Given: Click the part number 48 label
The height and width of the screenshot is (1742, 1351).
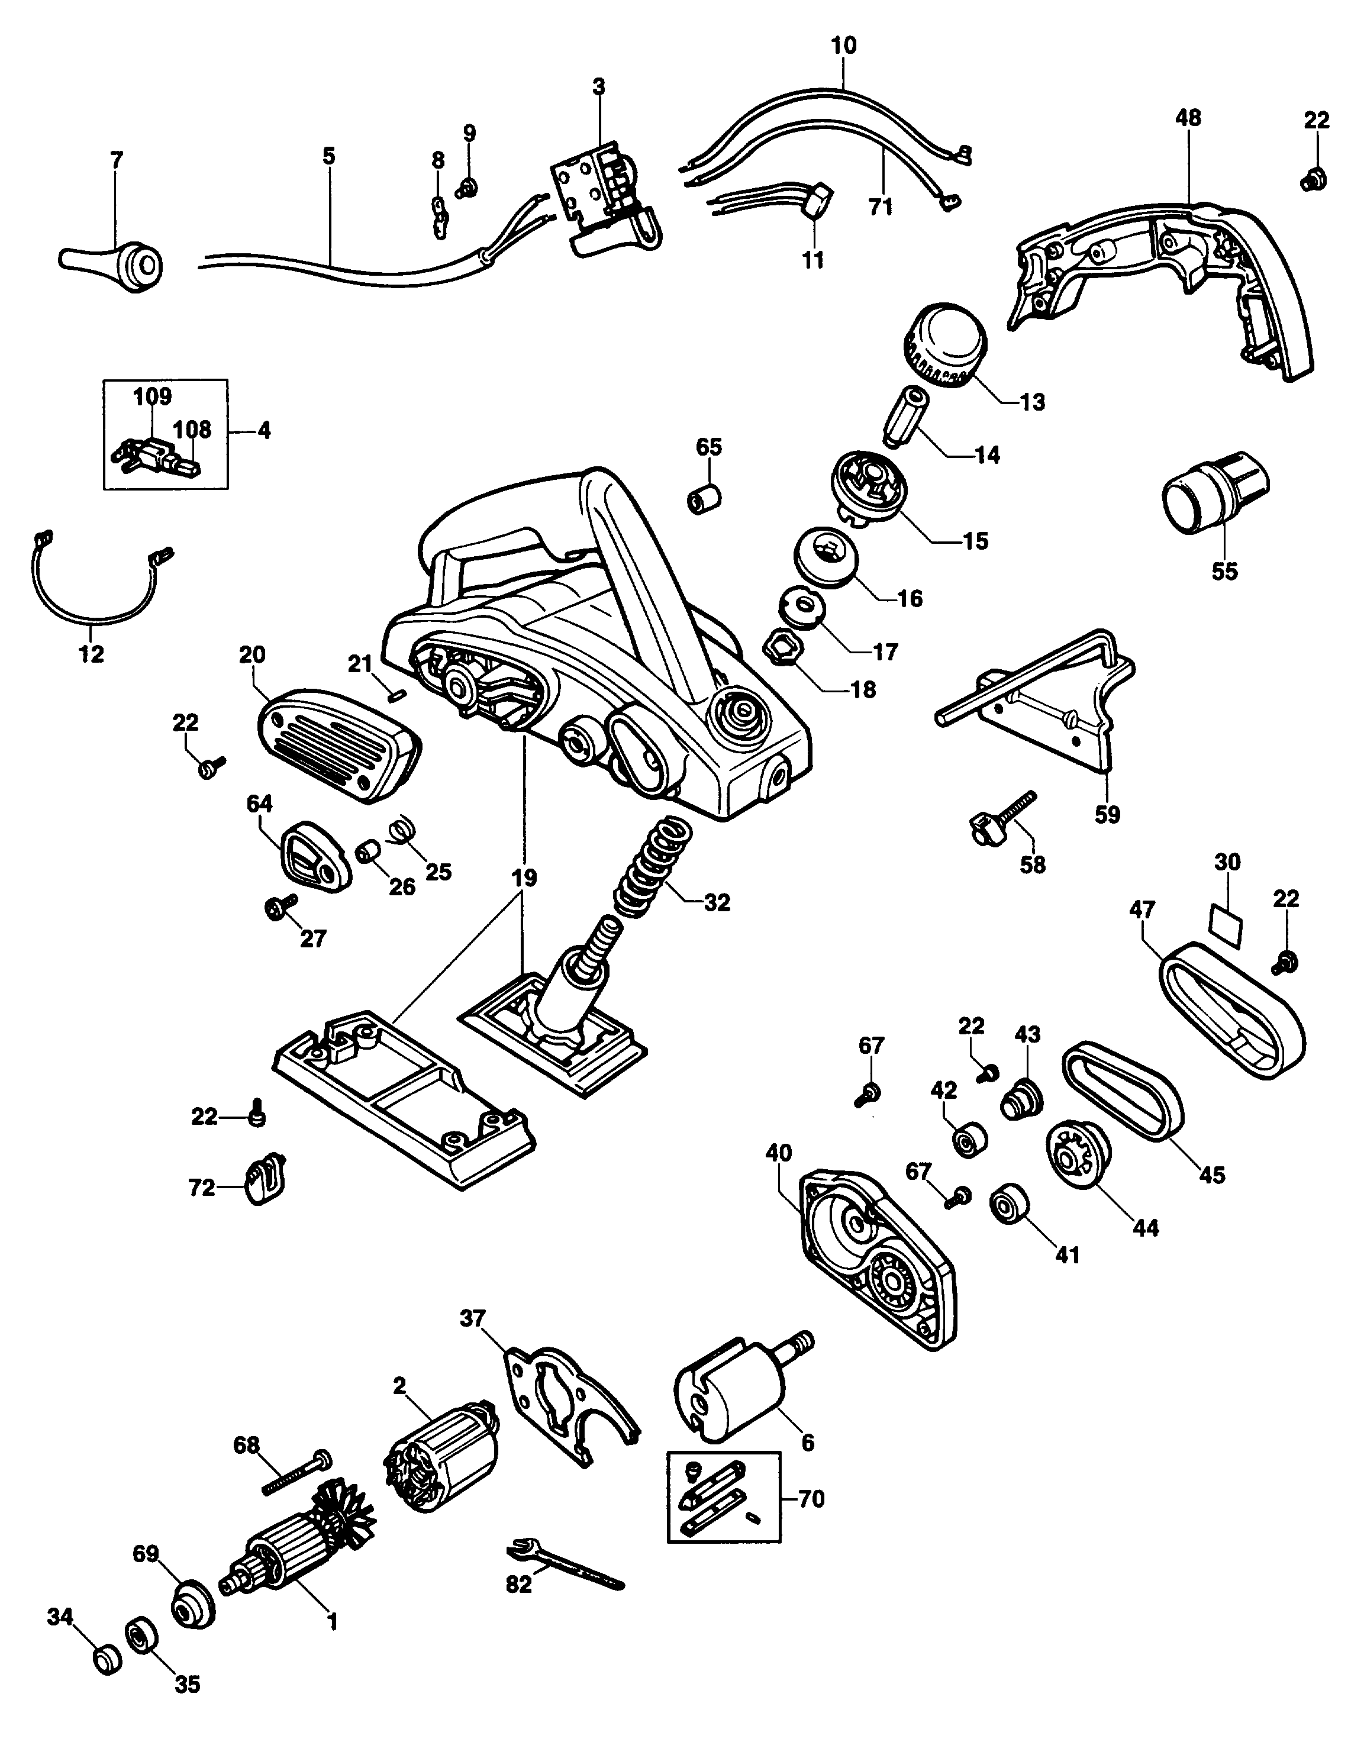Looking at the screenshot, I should pos(1188,118).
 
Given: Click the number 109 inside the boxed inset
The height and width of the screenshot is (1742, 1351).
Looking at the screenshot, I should pos(152,396).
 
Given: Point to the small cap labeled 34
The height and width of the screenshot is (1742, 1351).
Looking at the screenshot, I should pos(105,1657).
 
